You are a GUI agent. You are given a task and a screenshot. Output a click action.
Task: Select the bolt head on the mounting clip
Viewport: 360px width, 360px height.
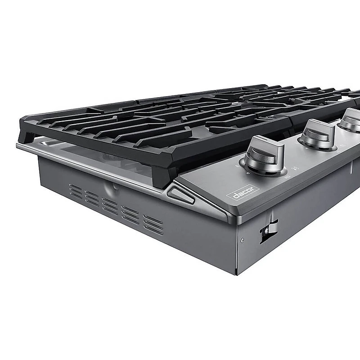coord(266,230)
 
